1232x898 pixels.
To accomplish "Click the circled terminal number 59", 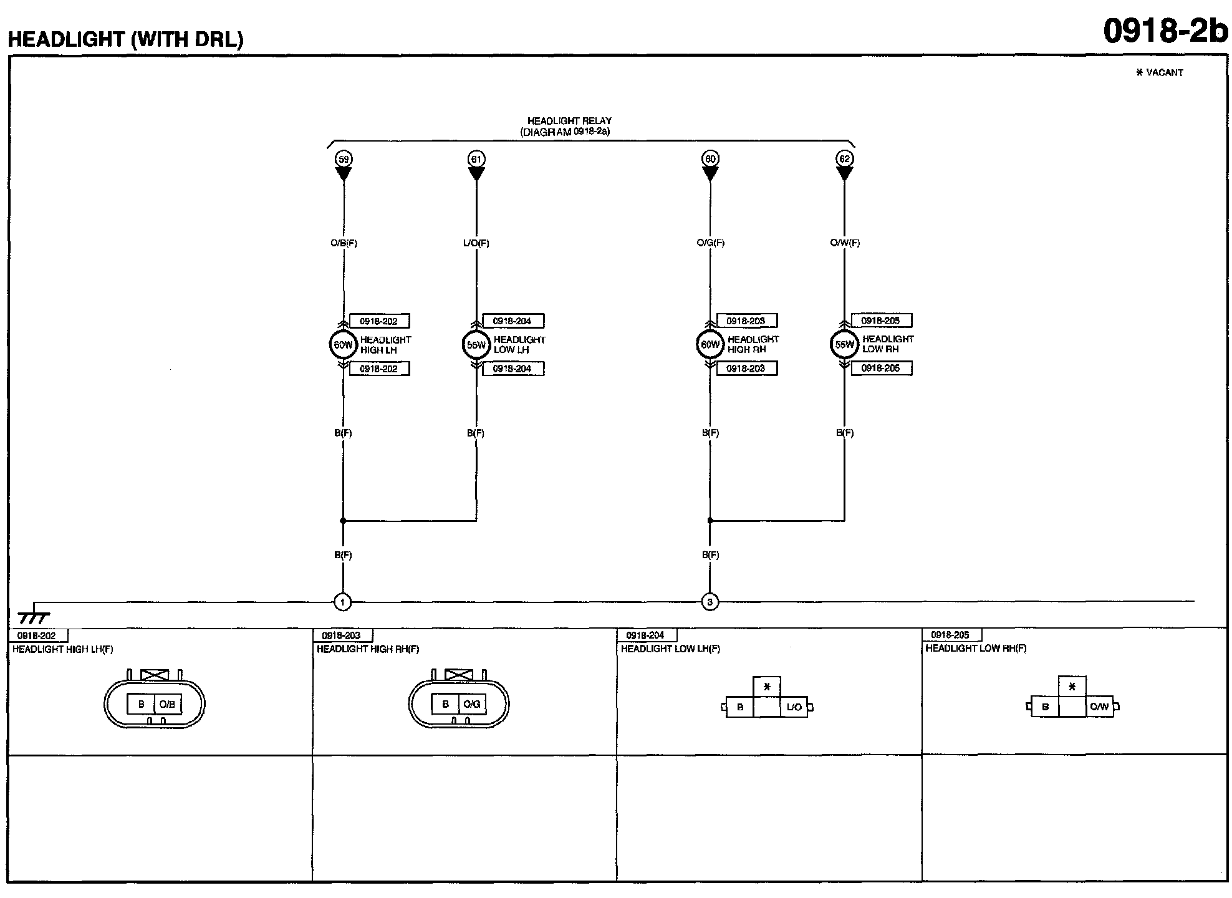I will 344,159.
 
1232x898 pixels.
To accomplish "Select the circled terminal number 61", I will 476,159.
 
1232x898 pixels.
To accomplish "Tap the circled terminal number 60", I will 710,158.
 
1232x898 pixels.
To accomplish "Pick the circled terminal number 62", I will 844,158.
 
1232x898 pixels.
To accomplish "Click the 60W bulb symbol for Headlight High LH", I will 343,345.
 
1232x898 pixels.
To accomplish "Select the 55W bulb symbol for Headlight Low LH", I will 476,345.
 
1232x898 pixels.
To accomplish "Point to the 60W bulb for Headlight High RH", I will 710,344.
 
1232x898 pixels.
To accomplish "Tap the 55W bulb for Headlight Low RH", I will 844,344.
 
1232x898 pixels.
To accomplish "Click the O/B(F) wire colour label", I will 344,243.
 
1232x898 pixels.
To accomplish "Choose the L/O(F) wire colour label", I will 476,243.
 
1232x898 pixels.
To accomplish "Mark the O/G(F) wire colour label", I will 710,243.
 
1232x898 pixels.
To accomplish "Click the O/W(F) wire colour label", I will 845,243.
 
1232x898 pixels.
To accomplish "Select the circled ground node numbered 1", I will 343,602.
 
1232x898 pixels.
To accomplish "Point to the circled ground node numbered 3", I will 710,602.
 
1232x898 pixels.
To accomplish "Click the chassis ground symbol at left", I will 34,616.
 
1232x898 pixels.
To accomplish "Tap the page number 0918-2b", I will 1165,30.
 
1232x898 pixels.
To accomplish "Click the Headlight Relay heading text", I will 569,121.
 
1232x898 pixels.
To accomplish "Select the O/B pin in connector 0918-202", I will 167,704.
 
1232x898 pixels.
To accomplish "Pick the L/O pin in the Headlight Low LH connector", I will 794,707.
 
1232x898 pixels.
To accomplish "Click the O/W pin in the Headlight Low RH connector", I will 1099,707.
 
